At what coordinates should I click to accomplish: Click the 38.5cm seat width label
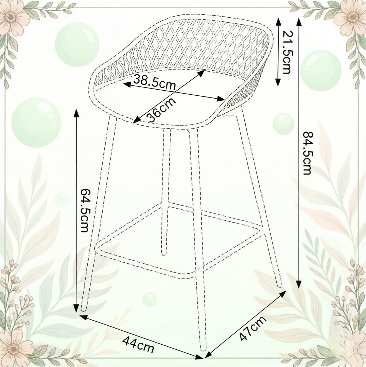pyautogui.click(x=155, y=82)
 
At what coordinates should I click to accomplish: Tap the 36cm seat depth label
pyautogui.click(x=162, y=109)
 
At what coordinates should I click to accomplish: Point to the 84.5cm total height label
pyautogui.click(x=307, y=153)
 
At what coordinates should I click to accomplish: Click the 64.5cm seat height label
pyautogui.click(x=84, y=210)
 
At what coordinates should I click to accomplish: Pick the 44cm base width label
pyautogui.click(x=138, y=344)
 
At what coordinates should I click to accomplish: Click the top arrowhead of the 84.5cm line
pyautogui.click(x=299, y=22)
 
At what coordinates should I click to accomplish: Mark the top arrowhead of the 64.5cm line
pyautogui.click(x=76, y=113)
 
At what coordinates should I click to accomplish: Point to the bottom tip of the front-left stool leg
pyautogui.click(x=84, y=310)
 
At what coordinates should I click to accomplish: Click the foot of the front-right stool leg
pyautogui.click(x=204, y=349)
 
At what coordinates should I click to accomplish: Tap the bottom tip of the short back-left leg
pyautogui.click(x=164, y=253)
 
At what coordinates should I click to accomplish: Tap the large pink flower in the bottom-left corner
pyautogui.click(x=14, y=349)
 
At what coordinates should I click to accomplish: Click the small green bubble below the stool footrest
pyautogui.click(x=149, y=299)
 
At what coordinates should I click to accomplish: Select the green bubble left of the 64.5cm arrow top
pyautogui.click(x=36, y=123)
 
